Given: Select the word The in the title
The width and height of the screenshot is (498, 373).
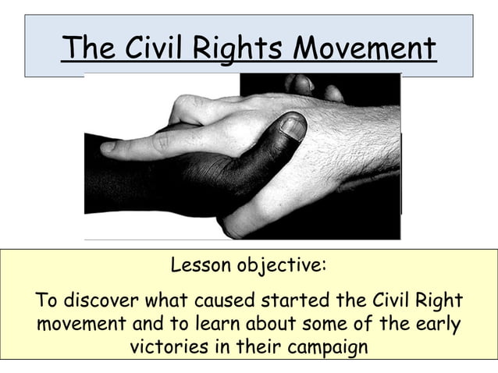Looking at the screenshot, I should click(86, 48).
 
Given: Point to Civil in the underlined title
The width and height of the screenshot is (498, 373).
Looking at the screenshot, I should click(158, 48).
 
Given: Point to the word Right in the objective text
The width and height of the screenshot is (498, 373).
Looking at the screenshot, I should click(441, 301).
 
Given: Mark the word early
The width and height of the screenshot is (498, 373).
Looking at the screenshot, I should click(436, 324).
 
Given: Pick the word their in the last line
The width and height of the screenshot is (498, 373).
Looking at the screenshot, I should click(258, 346).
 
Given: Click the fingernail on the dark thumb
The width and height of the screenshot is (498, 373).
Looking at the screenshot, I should click(293, 127).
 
